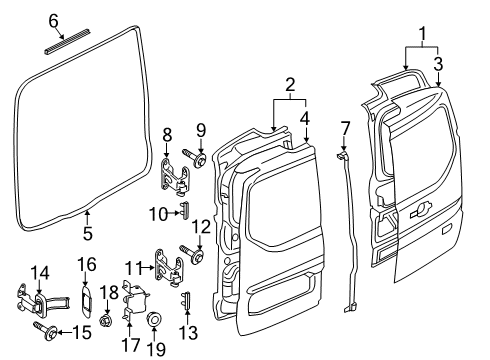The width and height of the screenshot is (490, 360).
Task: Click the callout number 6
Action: [x=54, y=19]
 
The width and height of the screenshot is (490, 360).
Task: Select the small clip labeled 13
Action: [x=186, y=302]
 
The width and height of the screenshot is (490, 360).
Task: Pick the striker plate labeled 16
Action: [x=88, y=298]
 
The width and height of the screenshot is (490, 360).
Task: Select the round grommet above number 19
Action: [x=155, y=321]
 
